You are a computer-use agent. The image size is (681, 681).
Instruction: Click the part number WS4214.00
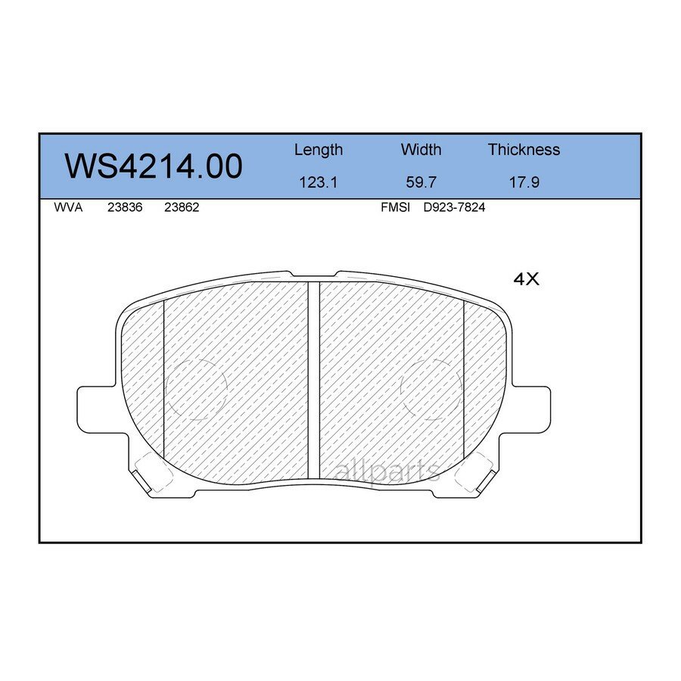pos(154,166)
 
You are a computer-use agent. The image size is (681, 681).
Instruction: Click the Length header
pos(318,150)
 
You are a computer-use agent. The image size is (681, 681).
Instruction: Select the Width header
pos(421,150)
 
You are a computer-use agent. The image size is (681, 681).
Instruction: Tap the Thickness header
pos(524,150)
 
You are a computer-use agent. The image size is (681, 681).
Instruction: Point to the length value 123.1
pos(318,182)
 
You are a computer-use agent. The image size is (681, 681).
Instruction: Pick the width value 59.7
pos(421,182)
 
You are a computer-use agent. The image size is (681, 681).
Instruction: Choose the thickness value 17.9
pos(524,182)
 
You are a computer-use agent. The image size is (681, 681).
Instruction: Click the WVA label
pos(68,207)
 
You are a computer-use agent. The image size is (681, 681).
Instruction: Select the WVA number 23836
pos(122,207)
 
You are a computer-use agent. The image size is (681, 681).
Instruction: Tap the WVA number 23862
pos(182,207)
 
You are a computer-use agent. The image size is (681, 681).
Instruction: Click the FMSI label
pos(395,207)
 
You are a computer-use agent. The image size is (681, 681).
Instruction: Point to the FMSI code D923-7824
pos(454,207)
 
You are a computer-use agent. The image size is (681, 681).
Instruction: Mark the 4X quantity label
pos(526,279)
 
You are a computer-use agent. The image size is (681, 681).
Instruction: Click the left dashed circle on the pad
pos(196,388)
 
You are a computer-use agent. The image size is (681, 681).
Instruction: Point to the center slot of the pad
pos(314,378)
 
